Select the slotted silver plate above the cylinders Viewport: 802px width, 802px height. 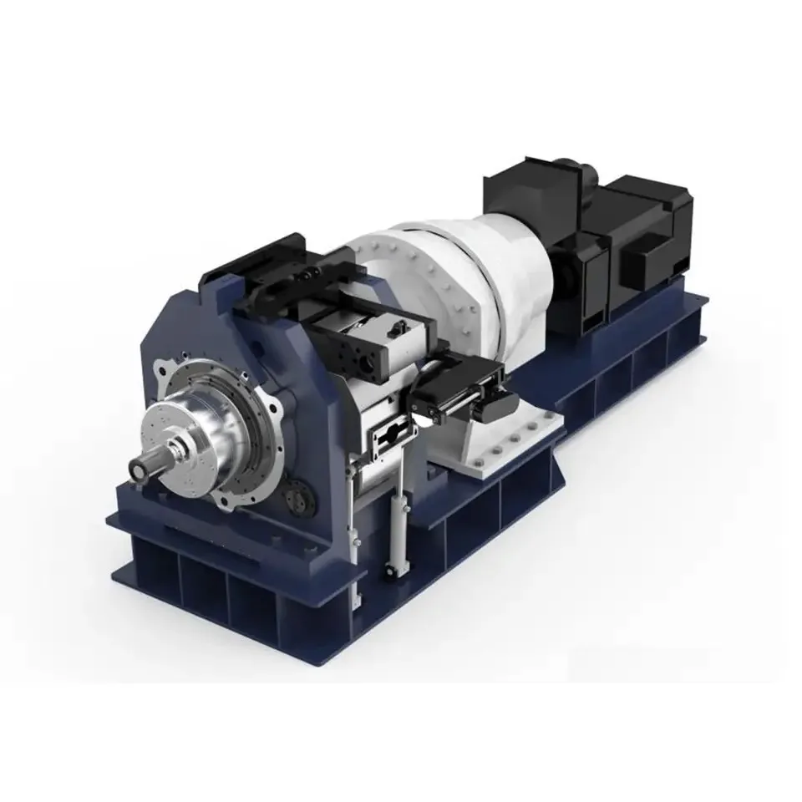(x=393, y=434)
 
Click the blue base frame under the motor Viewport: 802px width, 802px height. (x=635, y=351)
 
